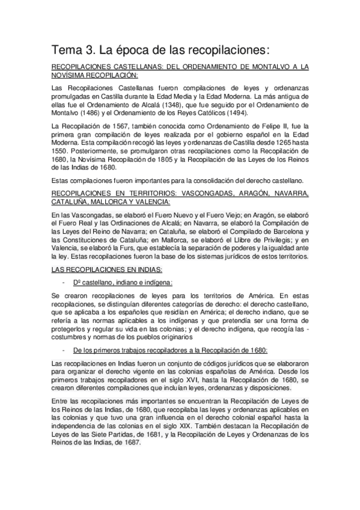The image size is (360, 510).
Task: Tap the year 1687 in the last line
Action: tap(128, 442)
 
